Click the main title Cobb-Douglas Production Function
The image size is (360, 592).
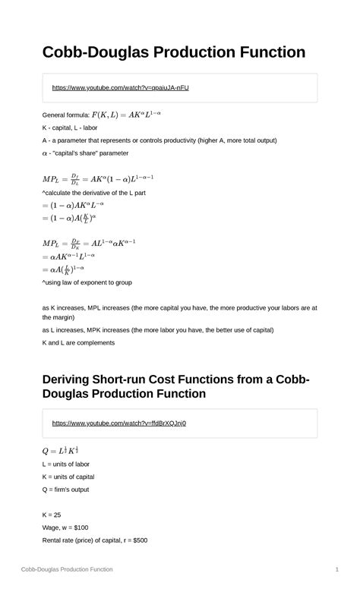[x=174, y=52]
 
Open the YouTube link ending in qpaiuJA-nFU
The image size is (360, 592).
[x=120, y=88]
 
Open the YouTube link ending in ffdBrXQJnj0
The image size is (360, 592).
[x=118, y=424]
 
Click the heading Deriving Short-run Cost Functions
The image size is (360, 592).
[x=175, y=386]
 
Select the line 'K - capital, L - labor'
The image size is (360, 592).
[x=81, y=128]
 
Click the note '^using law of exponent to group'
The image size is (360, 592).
[x=87, y=282]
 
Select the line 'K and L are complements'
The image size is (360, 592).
[x=78, y=343]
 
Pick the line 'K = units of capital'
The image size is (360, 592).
[x=79, y=477]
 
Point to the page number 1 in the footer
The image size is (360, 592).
[x=336, y=569]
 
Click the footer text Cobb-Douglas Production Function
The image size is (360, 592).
[x=67, y=569]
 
